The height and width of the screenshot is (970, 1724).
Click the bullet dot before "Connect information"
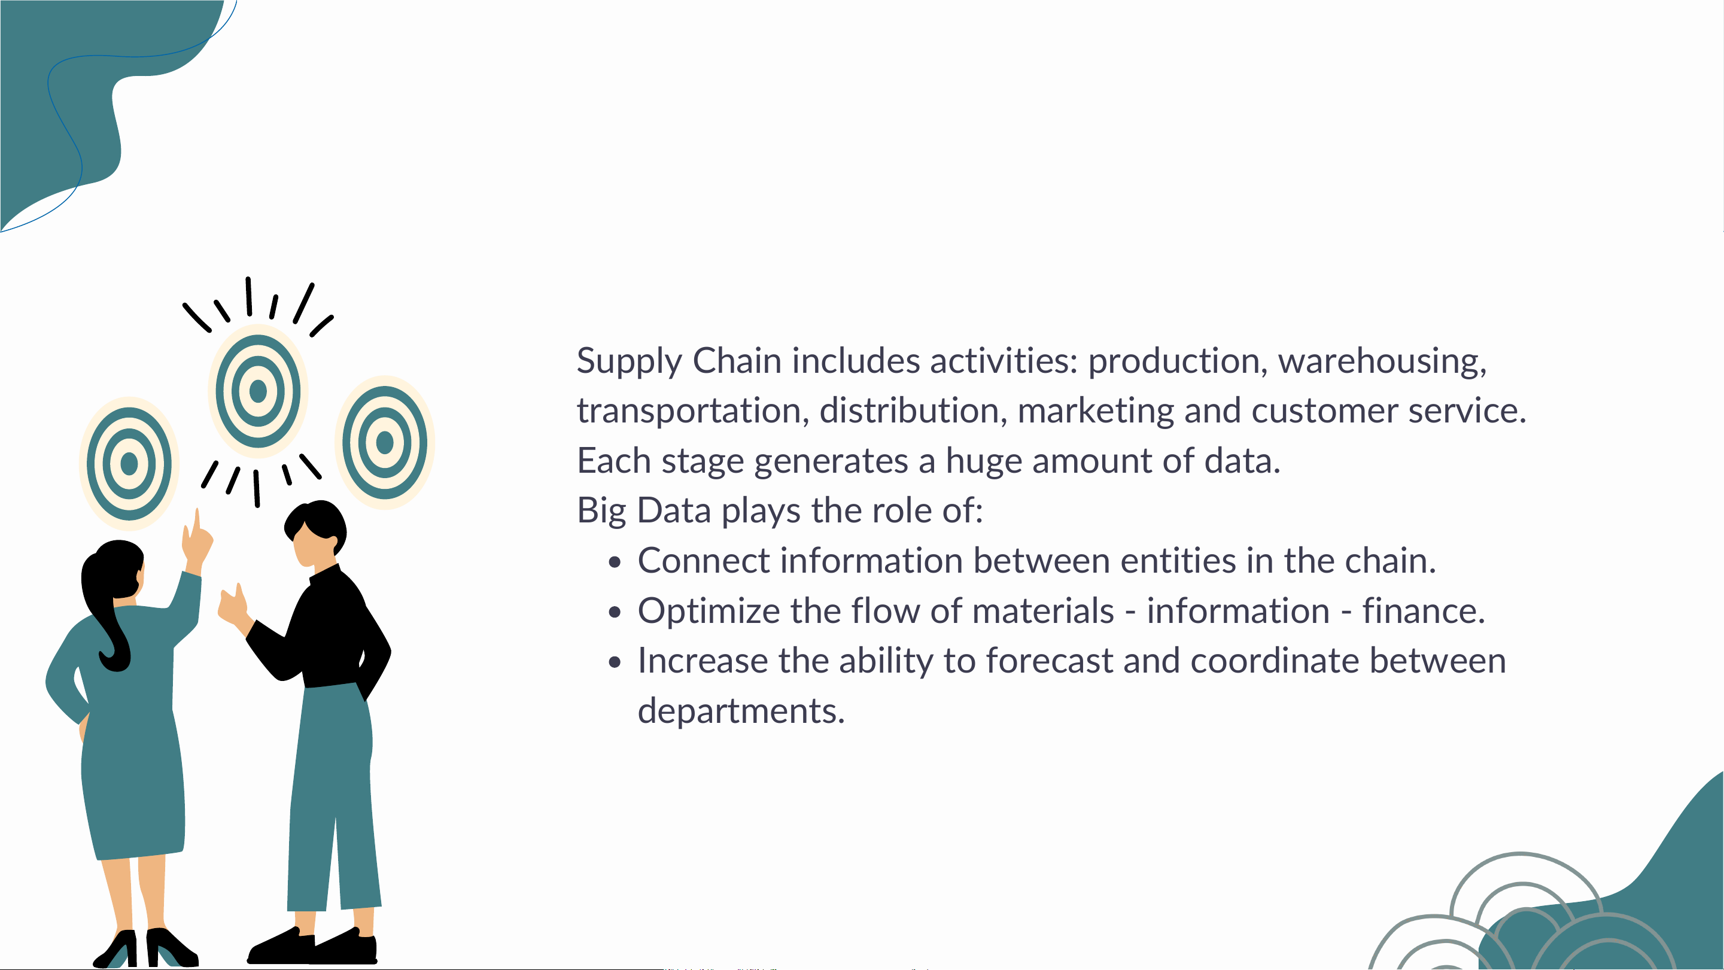click(x=615, y=562)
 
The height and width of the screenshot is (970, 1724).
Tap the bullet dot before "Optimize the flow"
click(x=615, y=613)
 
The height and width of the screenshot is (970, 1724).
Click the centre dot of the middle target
click(x=259, y=391)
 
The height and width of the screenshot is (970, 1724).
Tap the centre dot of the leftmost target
click(x=129, y=463)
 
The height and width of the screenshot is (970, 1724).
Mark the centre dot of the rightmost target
click(x=385, y=442)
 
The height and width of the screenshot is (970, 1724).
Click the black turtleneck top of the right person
click(x=321, y=630)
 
